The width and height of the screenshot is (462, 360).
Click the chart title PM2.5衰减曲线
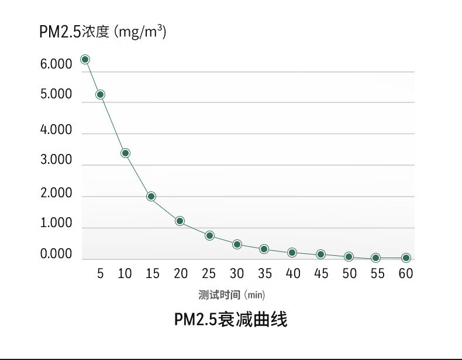[x=230, y=320]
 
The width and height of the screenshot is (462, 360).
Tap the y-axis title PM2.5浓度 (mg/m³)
[x=103, y=32]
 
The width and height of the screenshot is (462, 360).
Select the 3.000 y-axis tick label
[x=56, y=160]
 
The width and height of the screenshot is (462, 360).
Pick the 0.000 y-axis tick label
[x=56, y=255]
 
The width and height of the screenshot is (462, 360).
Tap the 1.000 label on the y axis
[x=56, y=224]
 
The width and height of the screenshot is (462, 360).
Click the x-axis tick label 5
[x=100, y=273]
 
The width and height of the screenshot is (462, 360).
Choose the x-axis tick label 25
[x=209, y=273]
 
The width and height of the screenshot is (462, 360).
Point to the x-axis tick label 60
[x=406, y=273]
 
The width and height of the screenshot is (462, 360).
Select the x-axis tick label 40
[x=293, y=273]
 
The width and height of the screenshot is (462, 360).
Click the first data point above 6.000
[x=85, y=59]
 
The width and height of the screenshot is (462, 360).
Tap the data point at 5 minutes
[x=100, y=94]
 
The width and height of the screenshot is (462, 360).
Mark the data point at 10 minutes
[x=125, y=153]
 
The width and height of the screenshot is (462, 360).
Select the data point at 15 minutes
[x=151, y=196]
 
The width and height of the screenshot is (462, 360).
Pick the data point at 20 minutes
[x=180, y=221]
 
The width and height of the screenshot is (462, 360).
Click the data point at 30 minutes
[x=237, y=244]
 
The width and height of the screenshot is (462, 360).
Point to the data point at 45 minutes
[x=320, y=254]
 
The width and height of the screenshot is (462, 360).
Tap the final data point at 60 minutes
[x=406, y=258]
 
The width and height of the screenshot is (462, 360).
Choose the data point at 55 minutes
[x=376, y=258]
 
